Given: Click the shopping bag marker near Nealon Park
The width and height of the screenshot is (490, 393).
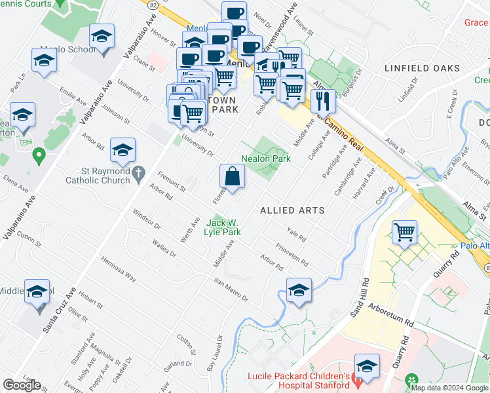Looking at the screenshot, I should (x=232, y=176).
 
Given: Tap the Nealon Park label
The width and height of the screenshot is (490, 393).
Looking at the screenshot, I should (x=265, y=159).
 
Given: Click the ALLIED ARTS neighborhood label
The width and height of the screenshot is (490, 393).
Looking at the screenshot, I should (x=292, y=210).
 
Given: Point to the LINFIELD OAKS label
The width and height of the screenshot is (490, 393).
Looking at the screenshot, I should (x=422, y=68).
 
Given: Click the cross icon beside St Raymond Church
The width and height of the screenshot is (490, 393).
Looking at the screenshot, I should (x=138, y=174).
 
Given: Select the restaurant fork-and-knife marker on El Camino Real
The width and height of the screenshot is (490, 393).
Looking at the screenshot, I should (x=323, y=101).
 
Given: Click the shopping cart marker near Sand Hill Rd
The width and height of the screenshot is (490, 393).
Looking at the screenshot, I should (x=405, y=232).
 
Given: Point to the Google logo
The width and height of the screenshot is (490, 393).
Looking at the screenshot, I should (x=22, y=385).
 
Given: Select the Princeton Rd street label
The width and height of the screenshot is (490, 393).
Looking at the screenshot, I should (x=292, y=253).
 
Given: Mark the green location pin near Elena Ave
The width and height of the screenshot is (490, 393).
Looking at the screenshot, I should (x=39, y=156).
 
